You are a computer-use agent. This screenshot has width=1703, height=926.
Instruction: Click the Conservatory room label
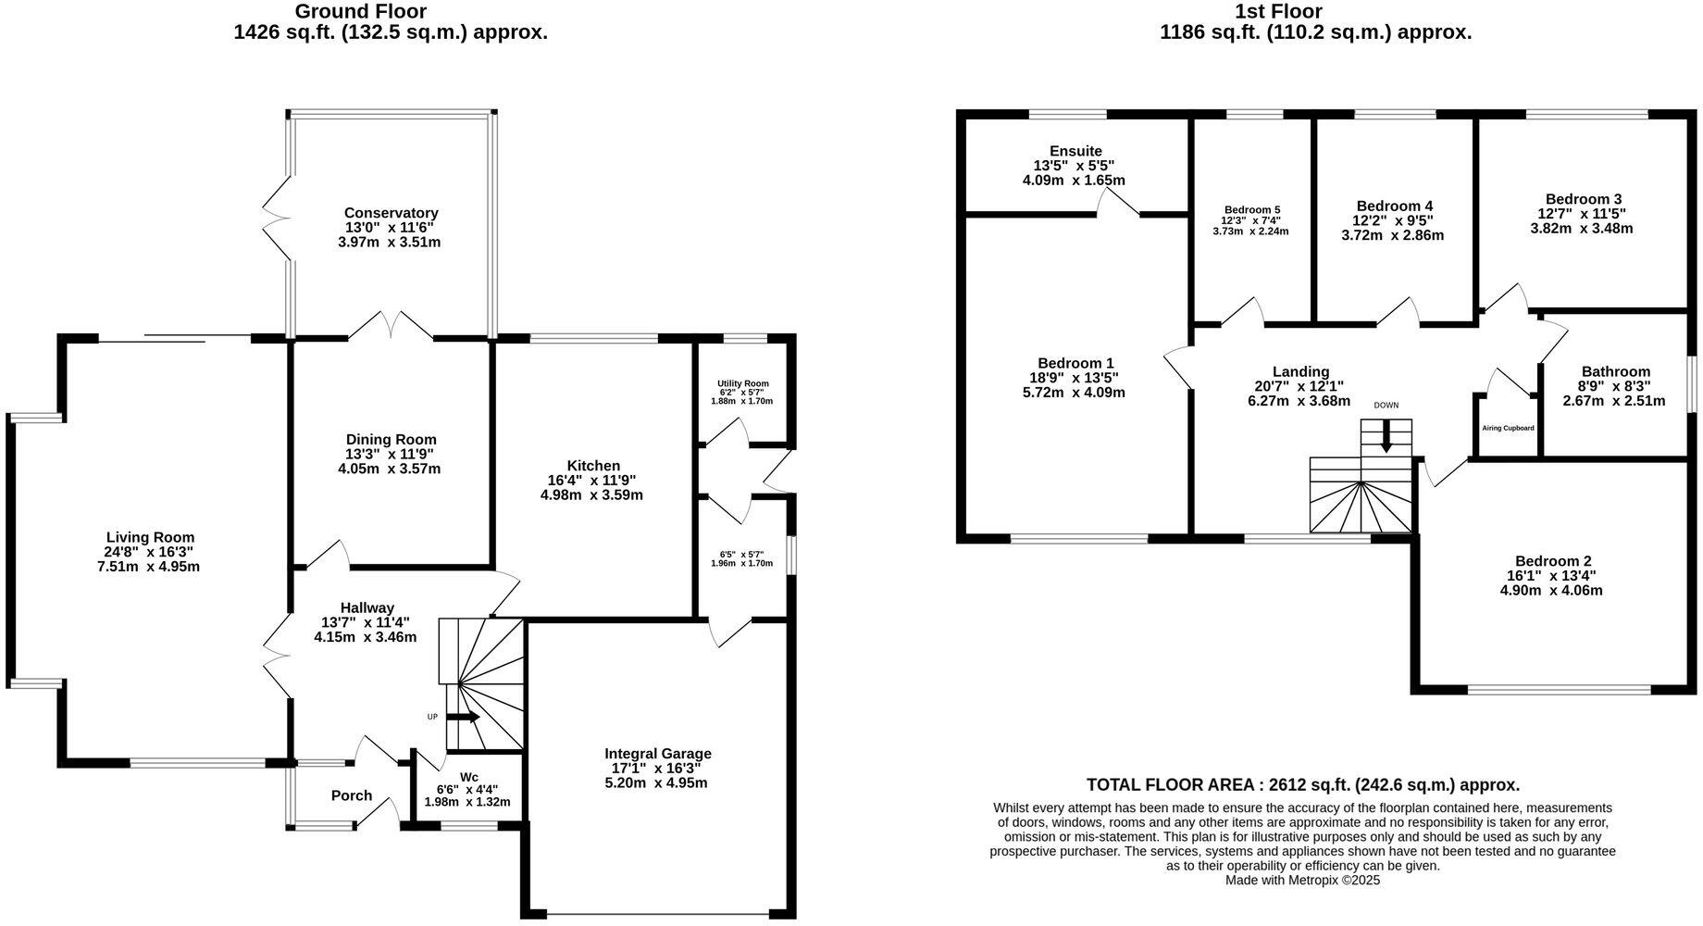tap(391, 213)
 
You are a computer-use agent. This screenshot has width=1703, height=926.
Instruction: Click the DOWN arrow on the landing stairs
tap(1386, 435)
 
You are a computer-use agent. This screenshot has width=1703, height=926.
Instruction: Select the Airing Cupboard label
tap(1508, 428)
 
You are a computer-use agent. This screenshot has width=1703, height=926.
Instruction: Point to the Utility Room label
tap(742, 383)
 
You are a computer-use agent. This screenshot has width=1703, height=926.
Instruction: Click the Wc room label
tap(469, 777)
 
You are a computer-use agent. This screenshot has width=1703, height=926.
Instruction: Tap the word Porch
tap(352, 795)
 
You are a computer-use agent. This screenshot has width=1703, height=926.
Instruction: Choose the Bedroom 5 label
tap(1251, 210)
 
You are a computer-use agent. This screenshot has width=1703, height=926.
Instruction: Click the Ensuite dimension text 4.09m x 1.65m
tap(1074, 181)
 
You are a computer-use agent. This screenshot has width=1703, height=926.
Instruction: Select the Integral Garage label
tap(658, 754)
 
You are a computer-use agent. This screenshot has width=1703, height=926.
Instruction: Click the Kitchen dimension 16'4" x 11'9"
tap(591, 481)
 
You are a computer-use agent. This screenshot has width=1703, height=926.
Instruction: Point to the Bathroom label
tap(1615, 371)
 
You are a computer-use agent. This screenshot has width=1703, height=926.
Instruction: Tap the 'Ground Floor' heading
tap(360, 12)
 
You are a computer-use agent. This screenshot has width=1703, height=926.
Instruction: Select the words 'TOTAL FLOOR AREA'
tap(1170, 785)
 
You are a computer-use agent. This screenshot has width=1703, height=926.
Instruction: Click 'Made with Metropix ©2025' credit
tap(1302, 881)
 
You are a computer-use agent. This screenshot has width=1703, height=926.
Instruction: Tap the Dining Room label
tap(391, 440)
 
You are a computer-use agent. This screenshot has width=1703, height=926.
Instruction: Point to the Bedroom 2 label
tap(1553, 561)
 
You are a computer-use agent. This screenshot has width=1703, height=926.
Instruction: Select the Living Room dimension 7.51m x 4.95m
tap(149, 567)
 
